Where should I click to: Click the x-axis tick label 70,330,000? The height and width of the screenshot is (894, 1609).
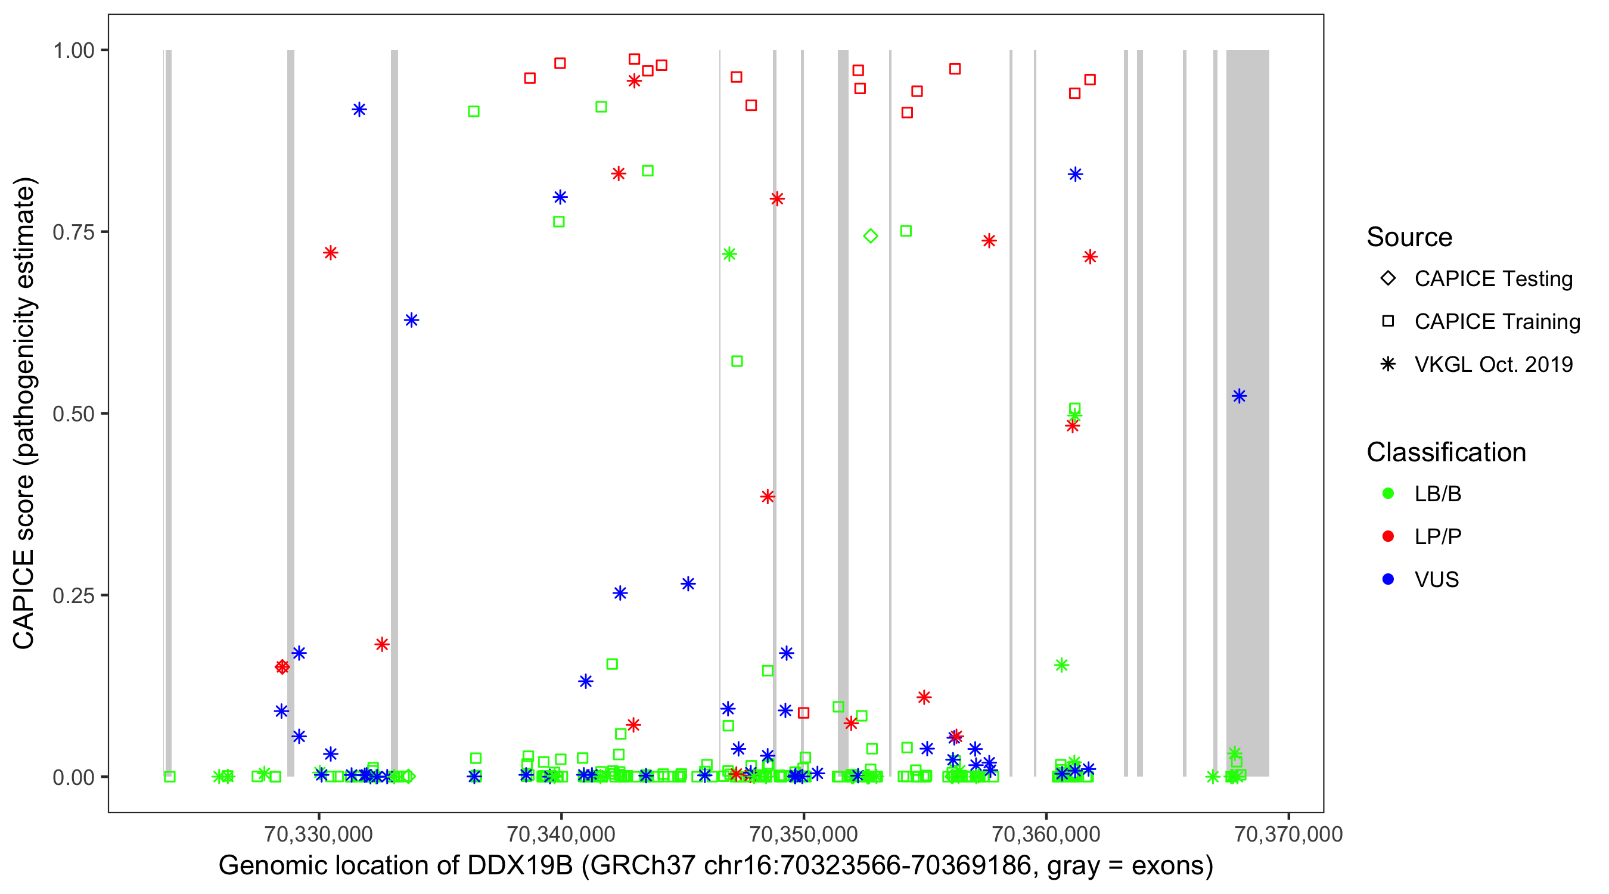point(319,833)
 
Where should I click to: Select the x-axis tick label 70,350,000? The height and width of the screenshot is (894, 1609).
point(803,833)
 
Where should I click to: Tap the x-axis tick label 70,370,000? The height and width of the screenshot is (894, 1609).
point(1288,833)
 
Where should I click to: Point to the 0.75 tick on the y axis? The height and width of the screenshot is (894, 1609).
point(73,232)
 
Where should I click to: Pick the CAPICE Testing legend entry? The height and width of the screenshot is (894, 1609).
point(1493,279)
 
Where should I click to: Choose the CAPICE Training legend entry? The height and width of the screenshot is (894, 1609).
point(1496,322)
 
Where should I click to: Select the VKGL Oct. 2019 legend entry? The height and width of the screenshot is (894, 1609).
point(1493,364)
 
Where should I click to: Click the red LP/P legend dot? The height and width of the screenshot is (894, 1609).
point(1388,536)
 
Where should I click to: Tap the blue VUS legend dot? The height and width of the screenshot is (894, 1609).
point(1388,579)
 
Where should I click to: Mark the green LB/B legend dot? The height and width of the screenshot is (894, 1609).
point(1388,493)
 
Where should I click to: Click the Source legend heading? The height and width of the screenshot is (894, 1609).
point(1409,237)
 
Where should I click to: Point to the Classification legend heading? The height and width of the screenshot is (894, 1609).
point(1446,452)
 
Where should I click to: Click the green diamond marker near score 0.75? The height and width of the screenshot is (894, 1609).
point(871,236)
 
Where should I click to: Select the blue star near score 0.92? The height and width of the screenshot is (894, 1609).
point(359,110)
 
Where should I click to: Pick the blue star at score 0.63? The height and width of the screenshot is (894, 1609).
point(411,321)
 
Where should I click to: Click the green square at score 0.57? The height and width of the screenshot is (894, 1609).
point(737,361)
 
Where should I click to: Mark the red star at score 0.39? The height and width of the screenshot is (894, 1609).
point(768,496)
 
